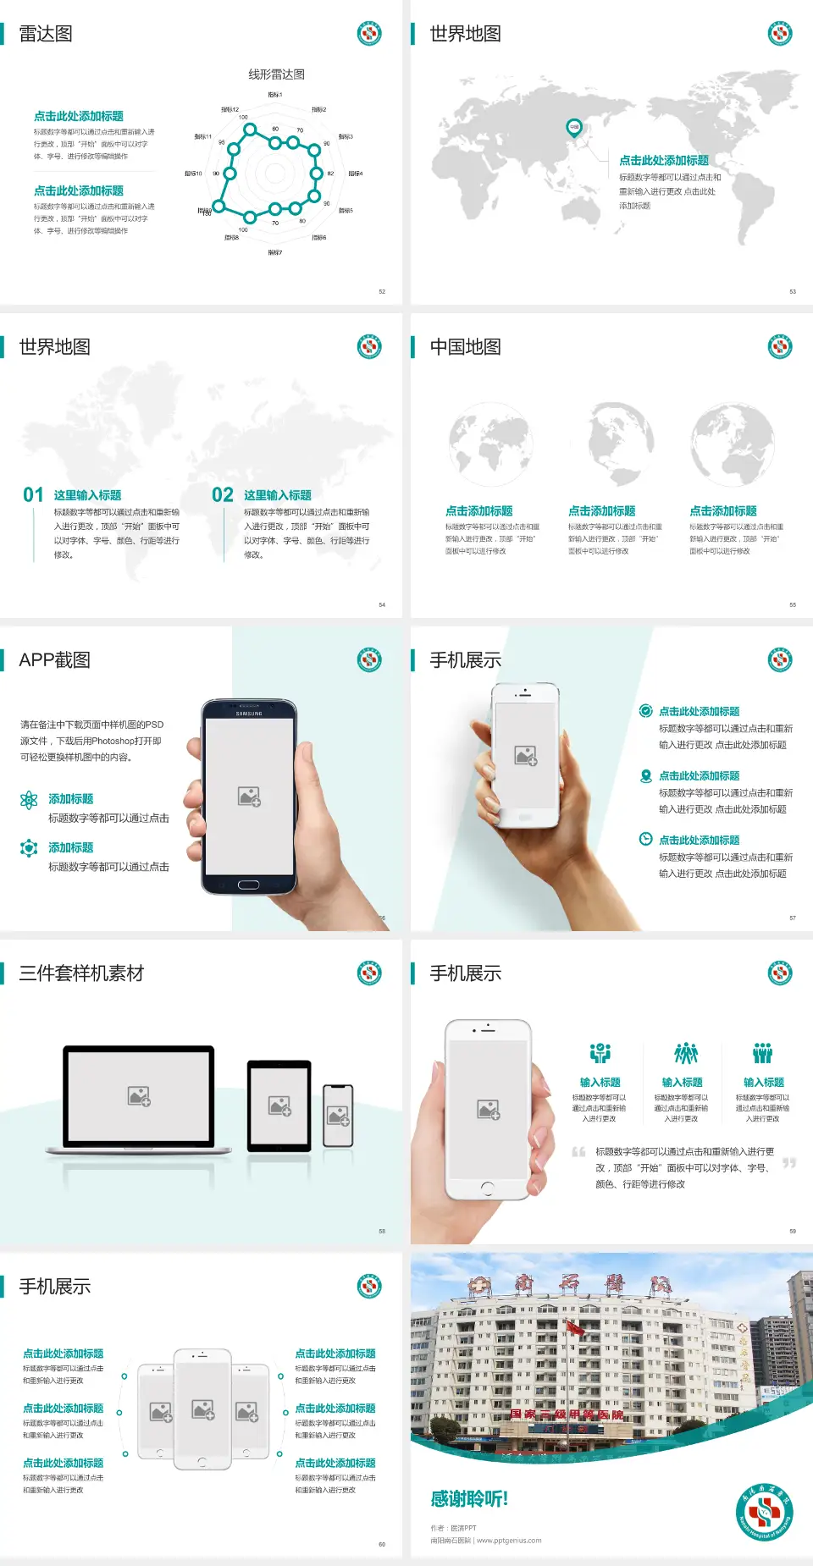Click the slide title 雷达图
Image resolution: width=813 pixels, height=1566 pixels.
pyautogui.click(x=46, y=34)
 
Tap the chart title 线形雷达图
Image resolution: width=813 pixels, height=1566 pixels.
pyautogui.click(x=276, y=74)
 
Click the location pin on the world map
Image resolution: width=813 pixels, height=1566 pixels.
pyautogui.click(x=573, y=128)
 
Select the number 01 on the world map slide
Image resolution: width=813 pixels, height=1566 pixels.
pyautogui.click(x=33, y=494)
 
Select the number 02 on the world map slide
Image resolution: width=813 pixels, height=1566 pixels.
pyautogui.click(x=223, y=494)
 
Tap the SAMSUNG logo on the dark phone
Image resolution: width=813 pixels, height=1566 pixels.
pyautogui.click(x=249, y=714)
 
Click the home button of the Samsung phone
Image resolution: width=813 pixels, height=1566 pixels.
pyautogui.click(x=248, y=885)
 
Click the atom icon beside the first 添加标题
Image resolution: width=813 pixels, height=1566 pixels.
pyautogui.click(x=29, y=800)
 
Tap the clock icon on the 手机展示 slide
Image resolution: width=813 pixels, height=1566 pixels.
pyautogui.click(x=645, y=839)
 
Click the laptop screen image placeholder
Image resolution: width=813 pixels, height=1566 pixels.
pyautogui.click(x=139, y=1096)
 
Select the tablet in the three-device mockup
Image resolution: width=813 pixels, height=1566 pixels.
pyautogui.click(x=279, y=1106)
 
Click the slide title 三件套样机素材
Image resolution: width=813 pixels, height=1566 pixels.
pyautogui.click(x=81, y=973)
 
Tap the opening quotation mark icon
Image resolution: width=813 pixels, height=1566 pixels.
pyautogui.click(x=578, y=1152)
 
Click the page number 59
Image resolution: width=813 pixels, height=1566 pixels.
pyautogui.click(x=793, y=1231)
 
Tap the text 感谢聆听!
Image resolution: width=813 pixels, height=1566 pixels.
pyautogui.click(x=469, y=1499)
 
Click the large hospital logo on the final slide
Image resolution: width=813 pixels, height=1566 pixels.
pyautogui.click(x=764, y=1512)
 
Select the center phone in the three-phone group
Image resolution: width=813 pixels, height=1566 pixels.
pyautogui.click(x=202, y=1409)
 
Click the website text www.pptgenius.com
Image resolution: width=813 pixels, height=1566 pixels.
pyautogui.click(x=508, y=1541)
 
